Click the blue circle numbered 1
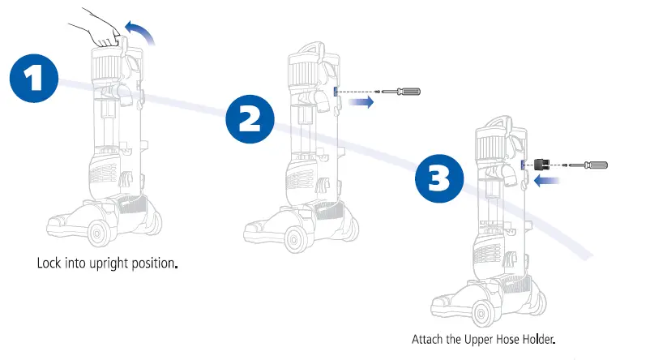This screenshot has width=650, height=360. coord(34,78)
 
